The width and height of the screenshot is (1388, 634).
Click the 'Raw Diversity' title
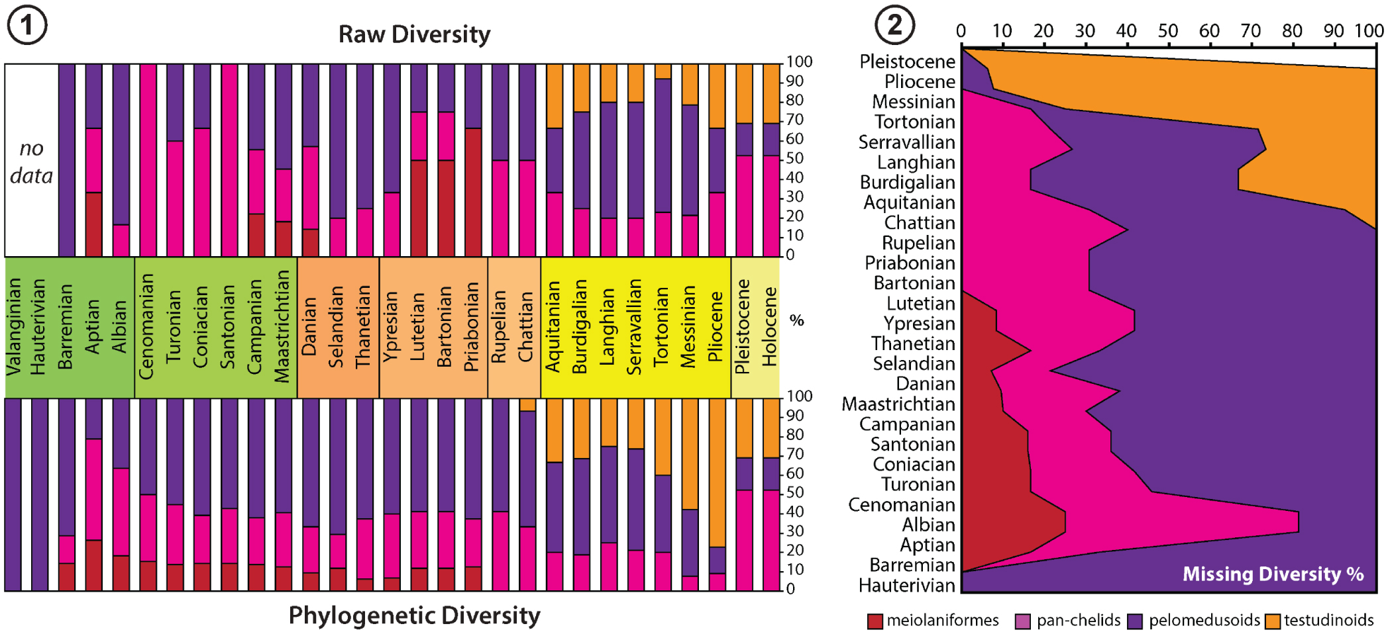pyautogui.click(x=414, y=34)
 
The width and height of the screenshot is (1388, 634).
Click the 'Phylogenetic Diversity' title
pyautogui.click(x=414, y=615)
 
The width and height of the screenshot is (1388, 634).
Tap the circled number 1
pyautogui.click(x=27, y=26)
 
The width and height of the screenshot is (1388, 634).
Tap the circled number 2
pyautogui.click(x=894, y=25)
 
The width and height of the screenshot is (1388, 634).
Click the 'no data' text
pyautogui.click(x=31, y=161)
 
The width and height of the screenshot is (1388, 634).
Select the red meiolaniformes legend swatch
pyautogui.click(x=875, y=621)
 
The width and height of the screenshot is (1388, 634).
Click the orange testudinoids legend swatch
pyautogui.click(x=1272, y=621)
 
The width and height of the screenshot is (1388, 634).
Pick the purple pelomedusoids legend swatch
pyautogui.click(x=1135, y=621)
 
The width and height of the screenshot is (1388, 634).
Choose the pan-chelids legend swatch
pyautogui.click(x=1023, y=621)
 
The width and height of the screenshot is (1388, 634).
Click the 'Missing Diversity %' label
pyautogui.click(x=1273, y=574)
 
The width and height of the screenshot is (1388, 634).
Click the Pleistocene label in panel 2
pyautogui.click(x=907, y=62)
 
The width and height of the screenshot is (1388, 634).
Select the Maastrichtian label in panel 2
pyautogui.click(x=898, y=404)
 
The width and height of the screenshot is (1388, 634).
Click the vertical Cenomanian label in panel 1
pyautogui.click(x=146, y=327)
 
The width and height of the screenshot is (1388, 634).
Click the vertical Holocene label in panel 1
pyautogui.click(x=769, y=327)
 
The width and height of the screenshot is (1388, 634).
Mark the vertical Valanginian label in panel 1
pyautogui.click(x=14, y=327)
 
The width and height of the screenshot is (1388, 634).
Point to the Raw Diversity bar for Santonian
pyautogui.click(x=229, y=160)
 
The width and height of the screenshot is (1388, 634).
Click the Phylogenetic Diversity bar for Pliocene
pyautogui.click(x=717, y=494)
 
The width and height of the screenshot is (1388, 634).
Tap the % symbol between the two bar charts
pyautogui.click(x=796, y=321)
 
